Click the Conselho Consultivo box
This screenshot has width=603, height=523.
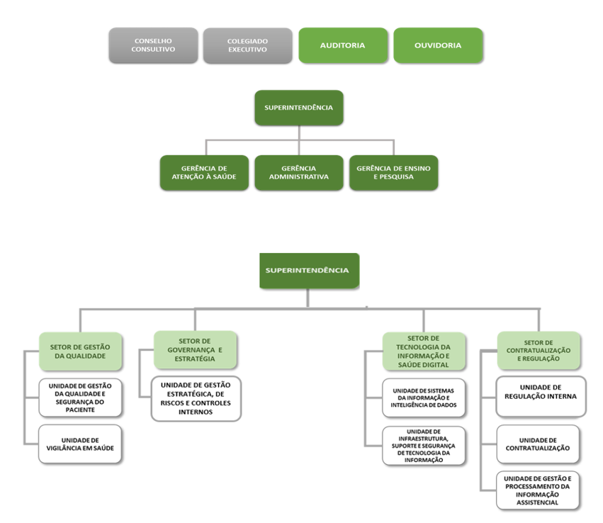154,45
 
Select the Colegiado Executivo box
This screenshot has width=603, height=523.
247,45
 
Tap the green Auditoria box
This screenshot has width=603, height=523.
343,45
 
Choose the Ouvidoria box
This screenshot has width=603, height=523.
438,45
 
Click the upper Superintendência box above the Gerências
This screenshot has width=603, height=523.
299,108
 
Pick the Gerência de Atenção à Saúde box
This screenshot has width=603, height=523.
204,172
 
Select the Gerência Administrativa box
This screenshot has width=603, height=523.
299,172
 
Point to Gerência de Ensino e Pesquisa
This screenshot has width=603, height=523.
393,172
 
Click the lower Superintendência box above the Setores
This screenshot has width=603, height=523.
308,270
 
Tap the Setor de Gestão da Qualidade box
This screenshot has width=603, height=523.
81,351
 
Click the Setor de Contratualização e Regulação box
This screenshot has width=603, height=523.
539,350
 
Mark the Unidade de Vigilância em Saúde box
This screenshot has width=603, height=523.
80,444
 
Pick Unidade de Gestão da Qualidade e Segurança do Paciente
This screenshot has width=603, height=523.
80,396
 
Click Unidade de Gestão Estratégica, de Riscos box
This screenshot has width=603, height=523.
196,398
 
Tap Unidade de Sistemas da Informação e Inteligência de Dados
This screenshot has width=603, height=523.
424,397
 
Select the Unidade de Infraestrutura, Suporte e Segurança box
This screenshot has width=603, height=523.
424,445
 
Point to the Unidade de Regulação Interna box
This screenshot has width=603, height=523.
541,396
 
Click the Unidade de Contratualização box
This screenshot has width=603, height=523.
541,444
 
